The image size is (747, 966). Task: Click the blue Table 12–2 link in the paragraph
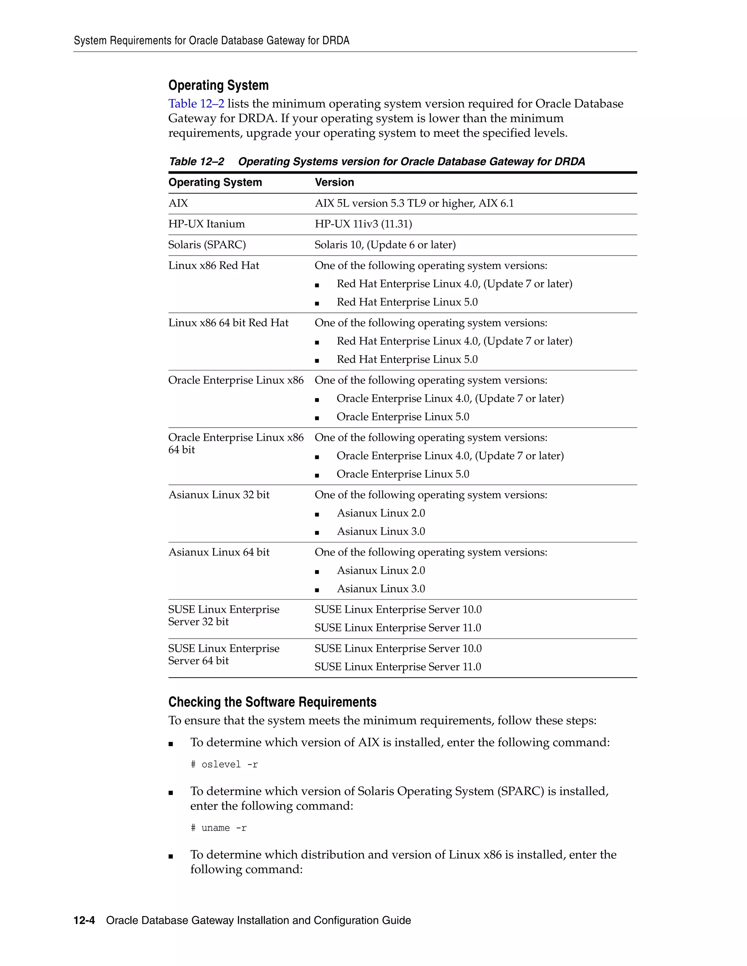(x=196, y=104)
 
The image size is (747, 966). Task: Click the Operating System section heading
(x=218, y=85)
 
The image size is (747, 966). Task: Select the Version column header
(x=334, y=182)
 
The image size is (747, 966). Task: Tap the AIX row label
(x=178, y=203)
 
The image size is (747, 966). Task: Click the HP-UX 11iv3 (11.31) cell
(x=363, y=224)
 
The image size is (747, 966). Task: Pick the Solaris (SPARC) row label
(x=207, y=245)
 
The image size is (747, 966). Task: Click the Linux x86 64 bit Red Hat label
(x=228, y=323)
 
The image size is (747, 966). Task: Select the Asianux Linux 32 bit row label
(x=218, y=495)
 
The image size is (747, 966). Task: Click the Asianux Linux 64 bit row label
(x=218, y=552)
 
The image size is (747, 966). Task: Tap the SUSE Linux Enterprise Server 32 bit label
(x=224, y=615)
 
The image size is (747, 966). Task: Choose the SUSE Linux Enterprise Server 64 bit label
(x=224, y=654)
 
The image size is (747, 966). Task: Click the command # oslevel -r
(x=224, y=764)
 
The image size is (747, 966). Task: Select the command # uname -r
(x=218, y=828)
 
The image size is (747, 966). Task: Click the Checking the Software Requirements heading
(x=272, y=702)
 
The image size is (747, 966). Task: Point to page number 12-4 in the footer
(x=84, y=920)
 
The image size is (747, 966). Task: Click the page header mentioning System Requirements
(x=211, y=41)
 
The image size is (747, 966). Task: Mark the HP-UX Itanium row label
(x=206, y=224)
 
